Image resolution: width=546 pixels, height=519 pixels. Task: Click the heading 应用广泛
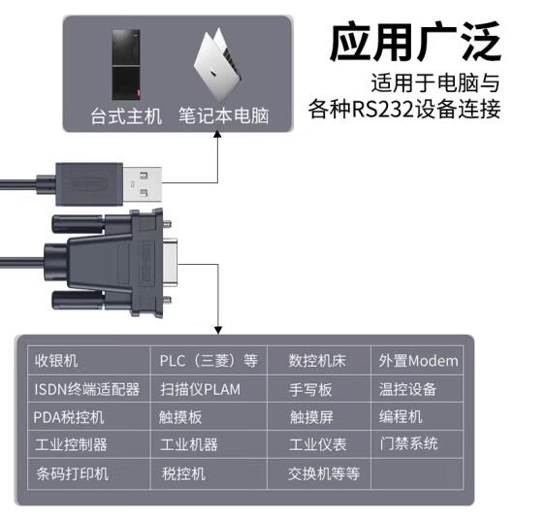coord(415,42)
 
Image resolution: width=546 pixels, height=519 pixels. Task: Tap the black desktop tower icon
coord(126,65)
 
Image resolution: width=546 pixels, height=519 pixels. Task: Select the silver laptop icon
coord(217,63)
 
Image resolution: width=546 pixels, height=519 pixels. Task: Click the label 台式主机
coord(126,116)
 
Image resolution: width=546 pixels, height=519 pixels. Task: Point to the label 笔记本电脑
coord(224,116)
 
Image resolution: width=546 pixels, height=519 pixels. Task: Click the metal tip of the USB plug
coord(143,184)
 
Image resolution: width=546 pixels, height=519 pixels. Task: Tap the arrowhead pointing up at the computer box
coord(217,135)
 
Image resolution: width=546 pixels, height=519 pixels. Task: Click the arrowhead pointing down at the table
coord(218,330)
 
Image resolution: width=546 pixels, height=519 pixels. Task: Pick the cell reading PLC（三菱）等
coord(209,361)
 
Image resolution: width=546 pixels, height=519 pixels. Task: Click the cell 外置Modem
coord(418,361)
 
